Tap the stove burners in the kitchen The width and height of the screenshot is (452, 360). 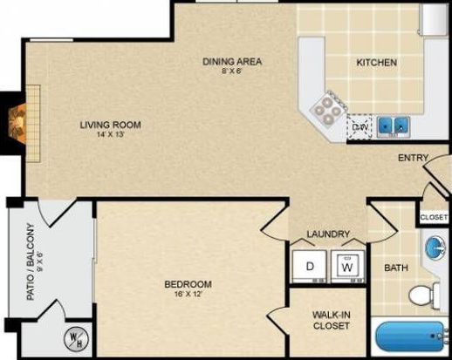[328, 110]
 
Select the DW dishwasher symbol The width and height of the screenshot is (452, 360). [360, 126]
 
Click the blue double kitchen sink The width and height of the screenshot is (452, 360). [394, 126]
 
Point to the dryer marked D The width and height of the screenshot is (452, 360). [309, 267]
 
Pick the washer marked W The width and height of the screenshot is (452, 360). [347, 267]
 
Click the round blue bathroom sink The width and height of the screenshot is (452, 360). [435, 247]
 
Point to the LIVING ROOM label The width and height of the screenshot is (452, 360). [111, 125]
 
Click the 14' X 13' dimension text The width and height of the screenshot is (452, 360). [111, 134]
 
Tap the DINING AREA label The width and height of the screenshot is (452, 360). [232, 62]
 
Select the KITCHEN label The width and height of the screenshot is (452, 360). [377, 63]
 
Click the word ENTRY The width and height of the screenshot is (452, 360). [413, 158]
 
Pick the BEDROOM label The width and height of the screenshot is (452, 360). [188, 284]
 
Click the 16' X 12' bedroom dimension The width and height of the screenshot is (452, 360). [188, 294]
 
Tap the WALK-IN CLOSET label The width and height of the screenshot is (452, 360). [332, 320]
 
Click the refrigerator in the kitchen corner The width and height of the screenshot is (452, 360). [434, 19]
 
